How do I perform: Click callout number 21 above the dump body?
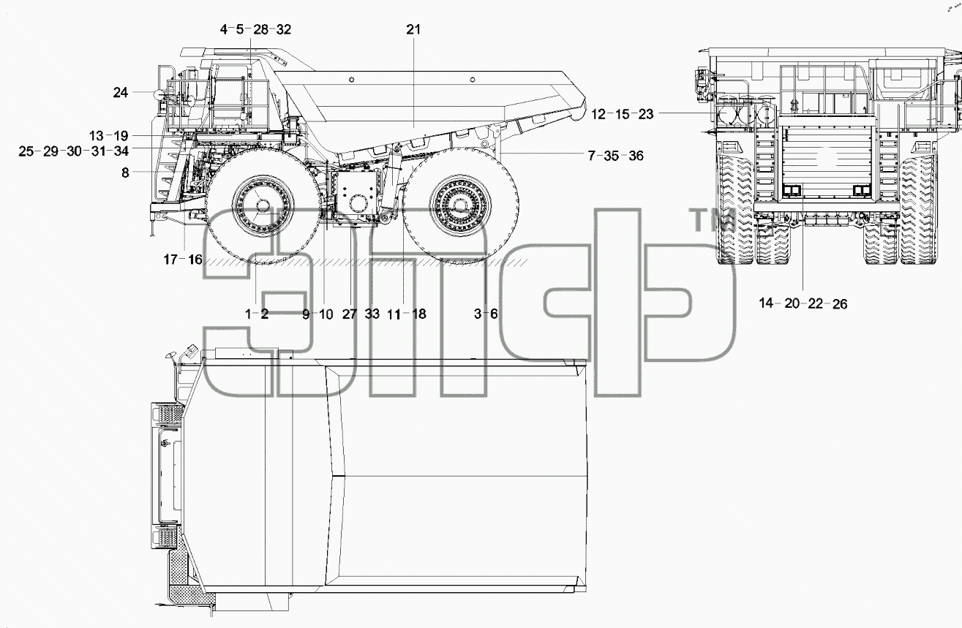coord(413,30)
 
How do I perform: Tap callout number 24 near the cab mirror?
coord(121,92)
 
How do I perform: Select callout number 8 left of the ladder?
coord(125,173)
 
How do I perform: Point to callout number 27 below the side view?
coord(350,314)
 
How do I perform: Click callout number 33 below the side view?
coord(372,314)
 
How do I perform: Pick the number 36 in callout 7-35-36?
coord(636,156)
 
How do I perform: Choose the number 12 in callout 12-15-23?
coord(598,114)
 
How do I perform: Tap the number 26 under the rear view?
coord(840,304)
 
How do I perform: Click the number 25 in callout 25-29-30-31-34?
coord(26,151)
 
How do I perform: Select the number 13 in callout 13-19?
coord(97,136)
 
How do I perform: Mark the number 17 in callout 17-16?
coord(170,260)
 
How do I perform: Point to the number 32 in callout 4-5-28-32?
coord(283,30)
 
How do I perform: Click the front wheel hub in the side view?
coord(263,205)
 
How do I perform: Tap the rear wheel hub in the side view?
coord(460,205)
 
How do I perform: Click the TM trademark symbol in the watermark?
coord(713,220)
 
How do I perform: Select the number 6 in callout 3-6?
coord(494,314)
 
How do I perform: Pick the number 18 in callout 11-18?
coord(418,314)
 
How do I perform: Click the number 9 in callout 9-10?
coord(306,314)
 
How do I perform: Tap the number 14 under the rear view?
coord(766,303)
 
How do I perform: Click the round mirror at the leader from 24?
coord(159,93)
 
